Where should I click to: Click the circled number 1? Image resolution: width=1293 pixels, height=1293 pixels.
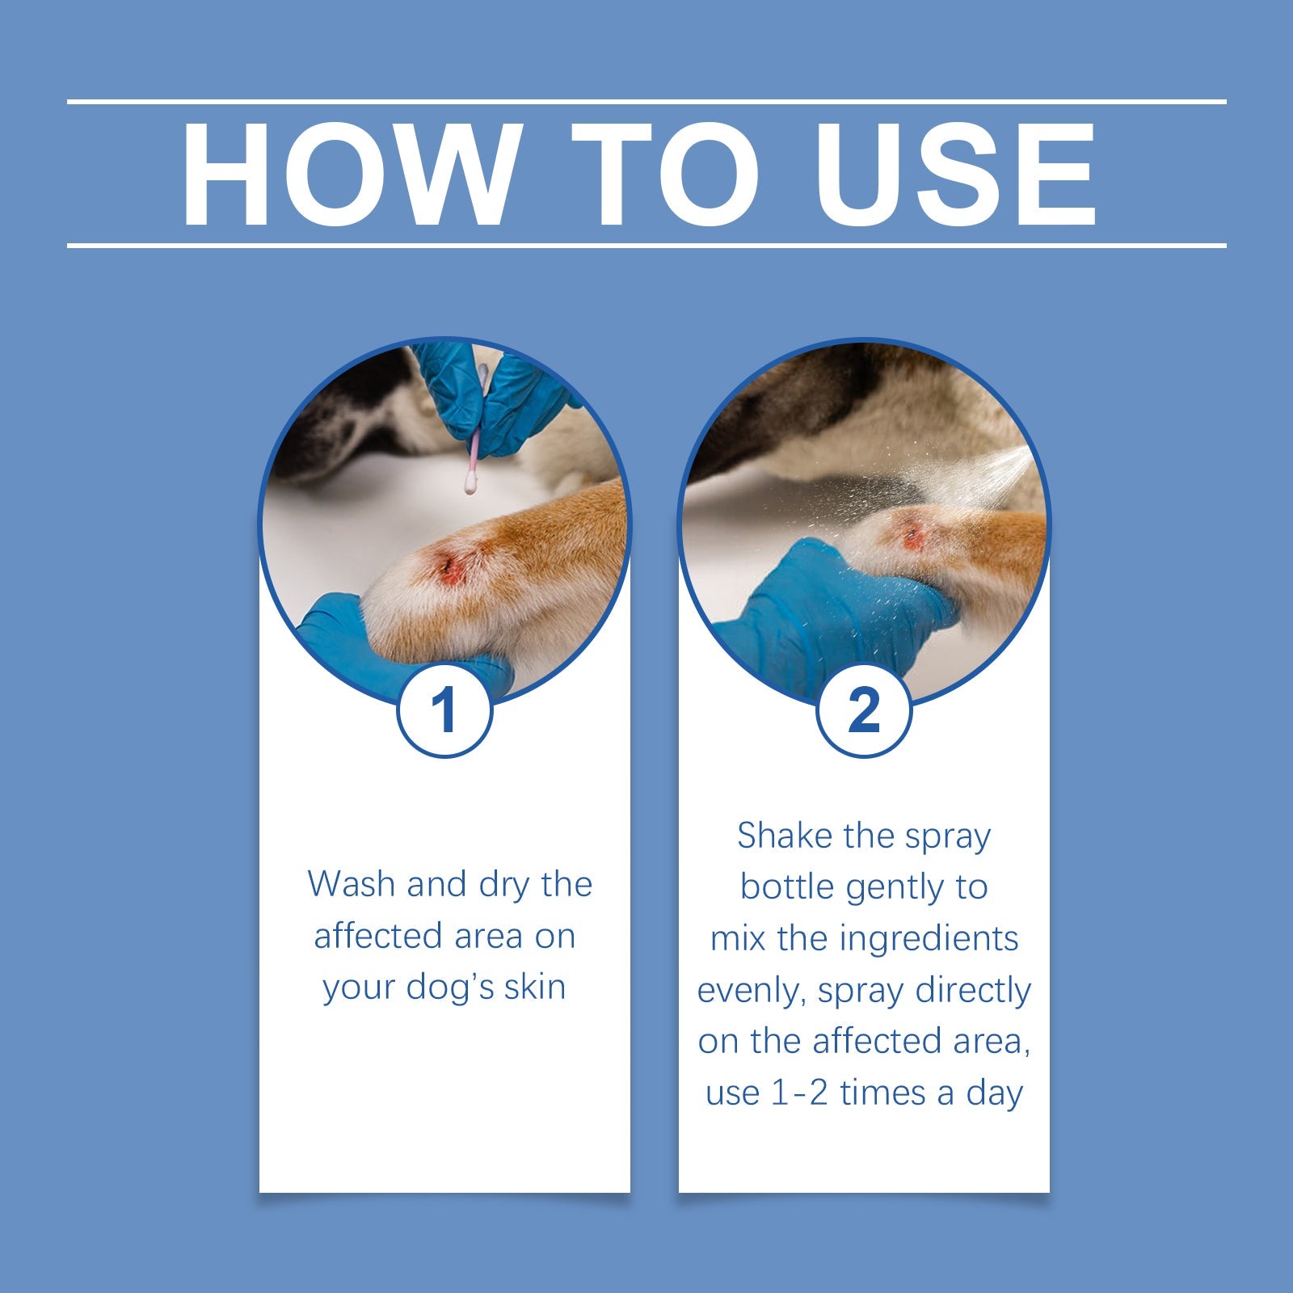(x=444, y=711)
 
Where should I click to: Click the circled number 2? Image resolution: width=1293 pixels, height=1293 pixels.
(x=864, y=711)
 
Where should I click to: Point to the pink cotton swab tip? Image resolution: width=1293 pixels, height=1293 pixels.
(x=469, y=485)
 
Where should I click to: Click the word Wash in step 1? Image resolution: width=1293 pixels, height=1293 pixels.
(x=352, y=884)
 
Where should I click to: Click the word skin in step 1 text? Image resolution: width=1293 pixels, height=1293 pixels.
(x=534, y=988)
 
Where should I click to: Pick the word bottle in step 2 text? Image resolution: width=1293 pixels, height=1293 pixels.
(x=786, y=887)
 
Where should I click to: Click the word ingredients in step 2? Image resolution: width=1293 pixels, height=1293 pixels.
(x=929, y=939)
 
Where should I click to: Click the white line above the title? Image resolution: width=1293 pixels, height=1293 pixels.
(x=646, y=102)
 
